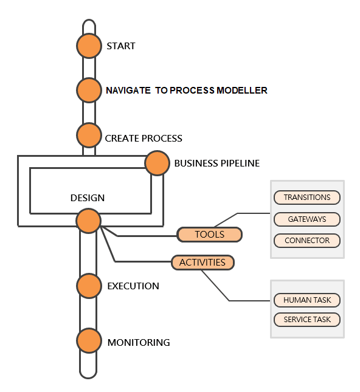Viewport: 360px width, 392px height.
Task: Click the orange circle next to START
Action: click(x=89, y=46)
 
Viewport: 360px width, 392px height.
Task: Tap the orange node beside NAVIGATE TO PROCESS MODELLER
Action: click(x=89, y=90)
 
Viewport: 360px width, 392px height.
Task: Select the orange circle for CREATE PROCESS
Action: click(x=89, y=135)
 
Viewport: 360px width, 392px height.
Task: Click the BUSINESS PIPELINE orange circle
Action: click(x=157, y=163)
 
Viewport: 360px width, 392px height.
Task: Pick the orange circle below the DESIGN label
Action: click(x=89, y=221)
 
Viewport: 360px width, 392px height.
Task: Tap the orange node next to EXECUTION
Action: click(x=89, y=286)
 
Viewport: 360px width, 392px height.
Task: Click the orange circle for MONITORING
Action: click(x=89, y=342)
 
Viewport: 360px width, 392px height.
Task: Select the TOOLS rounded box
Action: click(x=210, y=235)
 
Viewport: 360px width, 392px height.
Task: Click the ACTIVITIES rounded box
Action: click(x=202, y=263)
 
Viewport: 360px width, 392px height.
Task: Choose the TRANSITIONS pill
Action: click(x=307, y=198)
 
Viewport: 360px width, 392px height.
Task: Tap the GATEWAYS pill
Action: click(x=307, y=219)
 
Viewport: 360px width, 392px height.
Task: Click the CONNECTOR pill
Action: click(x=307, y=240)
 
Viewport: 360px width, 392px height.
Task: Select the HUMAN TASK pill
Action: click(x=307, y=300)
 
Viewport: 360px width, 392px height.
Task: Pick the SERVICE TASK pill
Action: click(x=307, y=320)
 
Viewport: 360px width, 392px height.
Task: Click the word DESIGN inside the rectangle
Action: click(x=88, y=198)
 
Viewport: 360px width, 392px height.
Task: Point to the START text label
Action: click(x=121, y=46)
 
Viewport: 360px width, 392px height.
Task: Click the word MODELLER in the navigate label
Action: click(x=244, y=91)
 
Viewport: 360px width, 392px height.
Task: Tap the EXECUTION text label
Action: click(x=133, y=286)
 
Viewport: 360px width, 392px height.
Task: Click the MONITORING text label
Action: click(x=139, y=343)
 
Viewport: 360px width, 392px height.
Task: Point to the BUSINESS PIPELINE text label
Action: click(x=216, y=163)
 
